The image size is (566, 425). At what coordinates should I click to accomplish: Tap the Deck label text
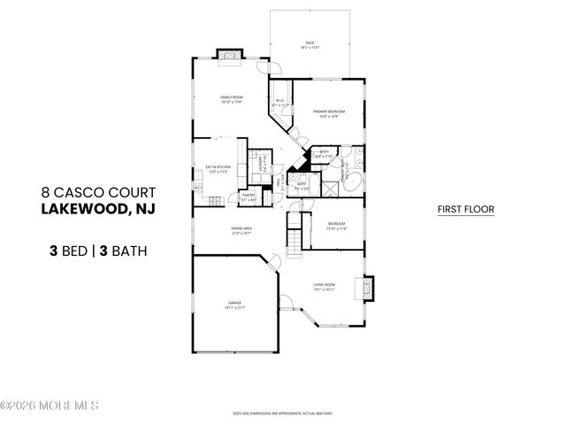310,43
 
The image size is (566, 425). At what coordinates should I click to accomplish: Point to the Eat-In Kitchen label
218,169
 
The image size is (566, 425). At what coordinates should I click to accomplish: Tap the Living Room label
323,286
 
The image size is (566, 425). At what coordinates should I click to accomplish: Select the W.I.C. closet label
279,103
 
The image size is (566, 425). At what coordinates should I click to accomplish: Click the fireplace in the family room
230,55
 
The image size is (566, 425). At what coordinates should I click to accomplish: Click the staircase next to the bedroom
294,238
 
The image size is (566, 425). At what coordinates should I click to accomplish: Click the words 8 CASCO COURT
98,191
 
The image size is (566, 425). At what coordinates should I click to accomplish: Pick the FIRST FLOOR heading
465,210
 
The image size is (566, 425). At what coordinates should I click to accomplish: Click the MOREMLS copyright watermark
50,406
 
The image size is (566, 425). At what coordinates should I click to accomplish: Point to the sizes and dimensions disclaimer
282,413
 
